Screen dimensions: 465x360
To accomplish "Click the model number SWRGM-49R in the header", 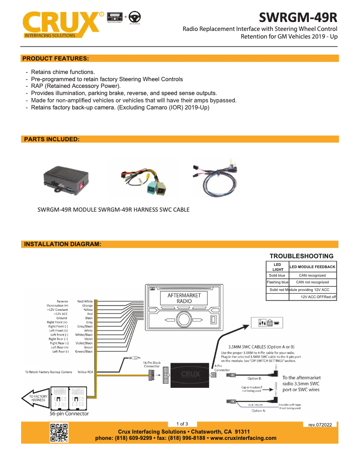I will click(298, 18).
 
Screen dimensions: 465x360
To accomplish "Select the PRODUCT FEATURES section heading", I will click(56, 58).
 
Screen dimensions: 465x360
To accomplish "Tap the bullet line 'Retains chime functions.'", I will click(63, 72).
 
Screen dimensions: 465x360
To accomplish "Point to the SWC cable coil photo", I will click(215, 177).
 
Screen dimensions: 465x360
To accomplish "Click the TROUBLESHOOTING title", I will click(301, 256).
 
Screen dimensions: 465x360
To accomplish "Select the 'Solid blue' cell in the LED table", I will click(277, 275).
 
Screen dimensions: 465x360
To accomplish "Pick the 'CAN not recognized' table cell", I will click(312, 282).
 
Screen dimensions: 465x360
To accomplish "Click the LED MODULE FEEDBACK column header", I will click(312, 267).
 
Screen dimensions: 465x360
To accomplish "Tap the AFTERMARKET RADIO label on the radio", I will click(184, 298).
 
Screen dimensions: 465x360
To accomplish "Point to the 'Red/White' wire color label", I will click(85, 302).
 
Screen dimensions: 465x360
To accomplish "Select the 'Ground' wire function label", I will click(62, 318).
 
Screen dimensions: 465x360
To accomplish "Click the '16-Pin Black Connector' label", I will click(151, 364).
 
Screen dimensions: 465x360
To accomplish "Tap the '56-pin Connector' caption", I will click(69, 413).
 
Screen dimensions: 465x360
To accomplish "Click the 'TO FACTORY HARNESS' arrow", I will click(36, 398).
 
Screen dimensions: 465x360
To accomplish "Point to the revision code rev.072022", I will click(320, 424).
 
